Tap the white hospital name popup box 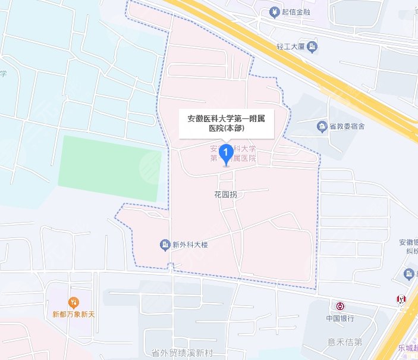pos(226,123)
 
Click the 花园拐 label pos(225,195)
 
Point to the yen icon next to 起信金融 pos(275,11)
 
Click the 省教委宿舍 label pos(348,126)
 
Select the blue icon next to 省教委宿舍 pos(322,126)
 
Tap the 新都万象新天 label pos(74,314)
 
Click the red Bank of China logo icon pos(340,306)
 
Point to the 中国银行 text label pos(340,318)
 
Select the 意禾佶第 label pos(345,342)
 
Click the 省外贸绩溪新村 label pos(181,353)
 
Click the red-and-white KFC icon pos(403,299)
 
